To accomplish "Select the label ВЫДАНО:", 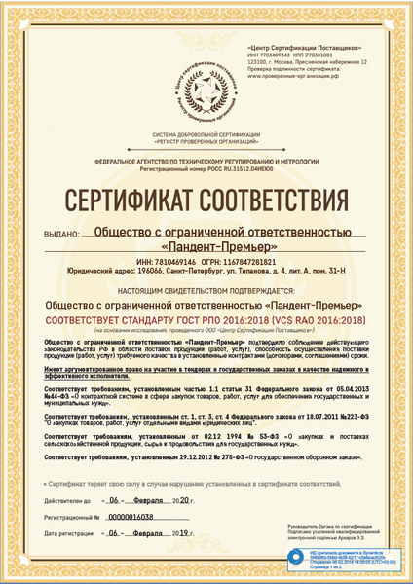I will click(x=60, y=235).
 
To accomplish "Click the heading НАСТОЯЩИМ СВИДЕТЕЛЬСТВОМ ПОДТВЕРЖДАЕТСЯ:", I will click(x=206, y=289).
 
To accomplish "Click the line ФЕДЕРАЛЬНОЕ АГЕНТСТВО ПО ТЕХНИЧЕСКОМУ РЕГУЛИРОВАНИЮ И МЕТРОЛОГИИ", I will click(x=206, y=161).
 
